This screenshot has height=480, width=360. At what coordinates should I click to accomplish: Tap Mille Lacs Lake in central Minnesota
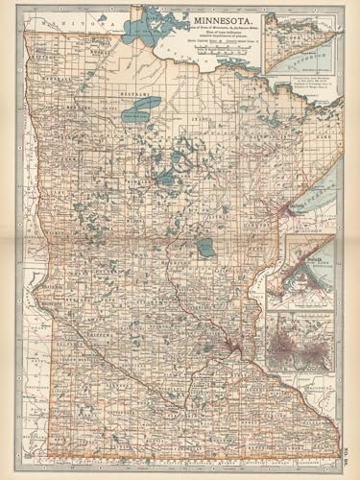click(x=205, y=248)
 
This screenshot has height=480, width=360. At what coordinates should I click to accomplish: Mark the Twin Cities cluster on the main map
click(x=230, y=342)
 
